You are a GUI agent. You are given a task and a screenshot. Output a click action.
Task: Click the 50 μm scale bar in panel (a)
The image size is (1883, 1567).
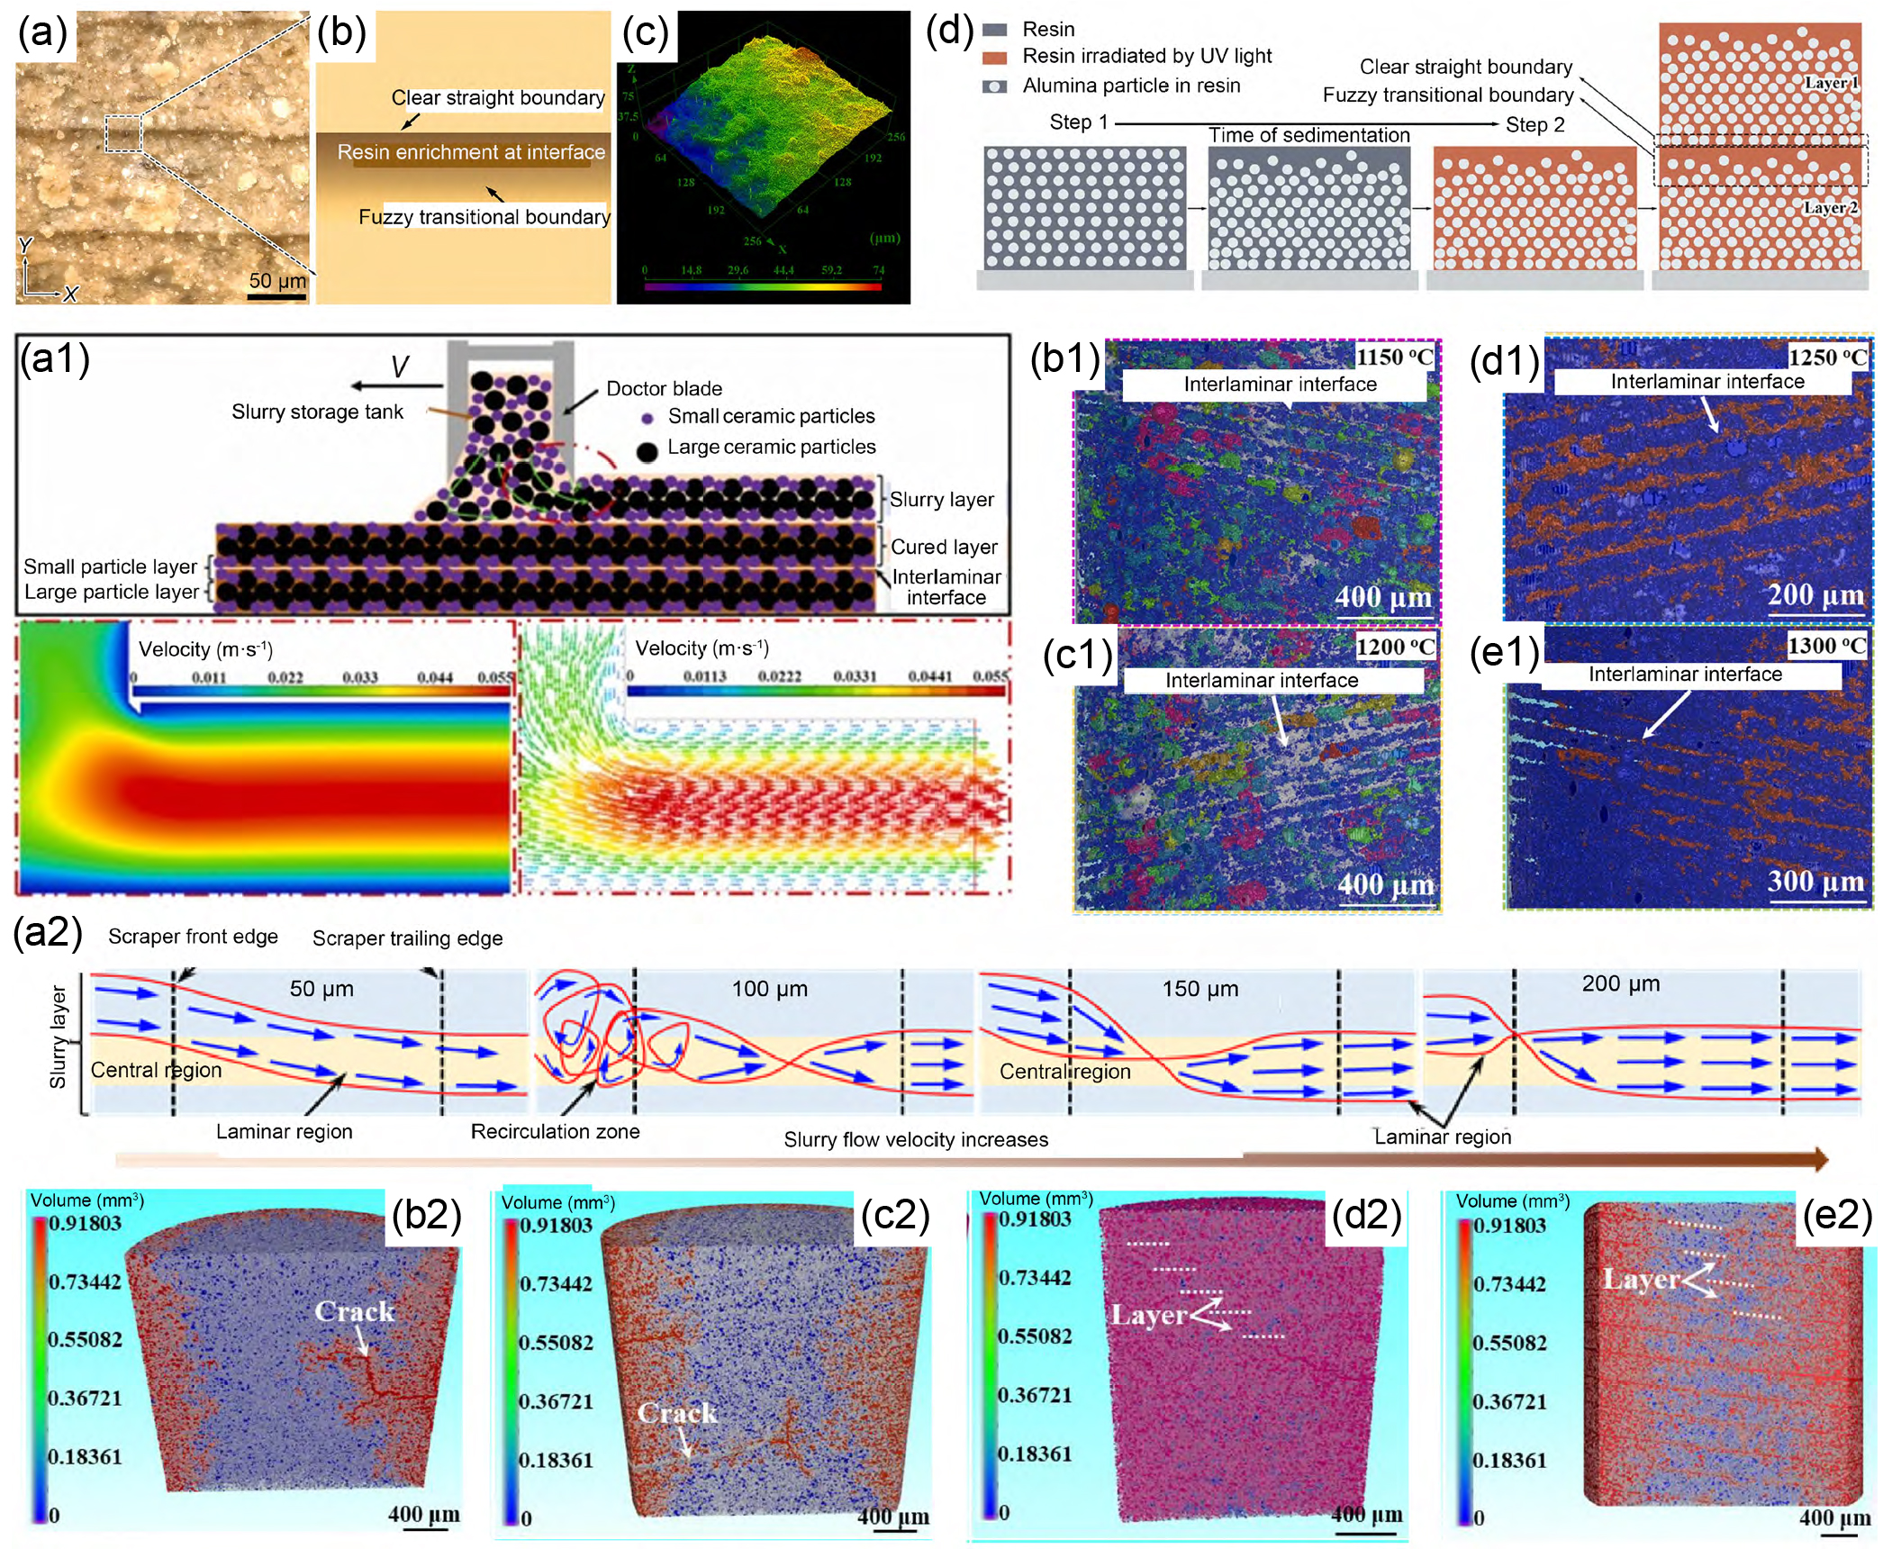click(x=276, y=295)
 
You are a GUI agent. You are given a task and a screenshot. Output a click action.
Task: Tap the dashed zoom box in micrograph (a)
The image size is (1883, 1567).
click(x=123, y=133)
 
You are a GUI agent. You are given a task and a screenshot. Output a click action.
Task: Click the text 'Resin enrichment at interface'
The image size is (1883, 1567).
click(x=471, y=152)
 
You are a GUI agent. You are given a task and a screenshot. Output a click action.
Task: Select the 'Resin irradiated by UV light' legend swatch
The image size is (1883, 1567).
click(x=994, y=57)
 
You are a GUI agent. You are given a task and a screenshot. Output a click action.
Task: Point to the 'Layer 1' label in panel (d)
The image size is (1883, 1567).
click(x=1831, y=83)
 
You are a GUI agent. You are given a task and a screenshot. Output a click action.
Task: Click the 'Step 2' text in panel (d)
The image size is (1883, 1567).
click(x=1534, y=124)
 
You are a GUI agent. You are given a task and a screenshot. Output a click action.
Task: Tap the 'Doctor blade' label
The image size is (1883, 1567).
click(x=664, y=388)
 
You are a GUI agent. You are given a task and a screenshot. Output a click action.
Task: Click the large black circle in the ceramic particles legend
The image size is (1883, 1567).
click(x=647, y=451)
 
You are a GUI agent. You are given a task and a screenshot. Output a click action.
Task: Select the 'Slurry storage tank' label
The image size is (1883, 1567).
click(x=317, y=412)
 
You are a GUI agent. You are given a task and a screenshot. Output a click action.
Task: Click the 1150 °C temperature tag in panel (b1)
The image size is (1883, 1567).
click(x=1394, y=357)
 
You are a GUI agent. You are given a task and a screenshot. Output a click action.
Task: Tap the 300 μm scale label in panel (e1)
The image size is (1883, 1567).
click(x=1815, y=880)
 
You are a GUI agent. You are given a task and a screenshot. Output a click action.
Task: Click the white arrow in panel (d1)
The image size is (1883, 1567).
click(x=1709, y=414)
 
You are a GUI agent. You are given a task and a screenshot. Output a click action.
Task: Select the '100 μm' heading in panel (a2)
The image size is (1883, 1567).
click(x=769, y=989)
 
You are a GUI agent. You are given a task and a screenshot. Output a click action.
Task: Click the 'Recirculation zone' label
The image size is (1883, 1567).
click(x=555, y=1131)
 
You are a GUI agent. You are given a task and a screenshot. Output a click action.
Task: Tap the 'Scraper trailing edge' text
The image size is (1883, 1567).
click(x=407, y=938)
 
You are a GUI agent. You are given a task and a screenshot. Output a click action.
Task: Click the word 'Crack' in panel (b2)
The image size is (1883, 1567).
click(x=354, y=1311)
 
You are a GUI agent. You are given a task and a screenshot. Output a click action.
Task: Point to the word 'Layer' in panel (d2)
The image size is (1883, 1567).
click(x=1148, y=1315)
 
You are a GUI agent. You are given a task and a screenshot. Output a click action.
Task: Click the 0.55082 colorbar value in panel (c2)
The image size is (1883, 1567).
click(x=556, y=1342)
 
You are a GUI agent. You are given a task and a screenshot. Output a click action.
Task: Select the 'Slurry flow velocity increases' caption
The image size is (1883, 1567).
click(x=916, y=1139)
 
